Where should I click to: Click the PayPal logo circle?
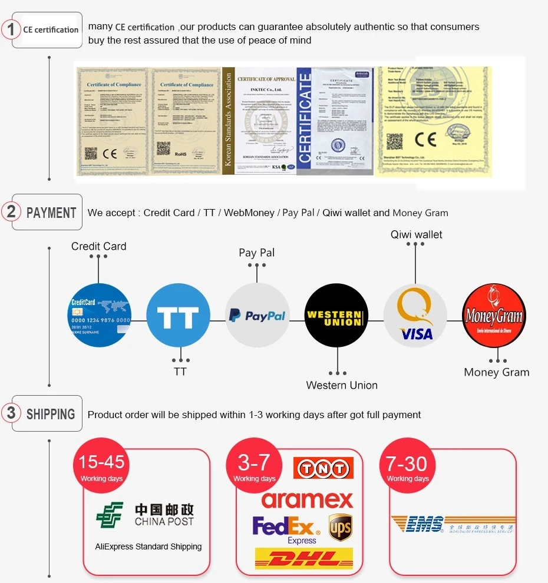258,315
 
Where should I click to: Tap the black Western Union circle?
336,315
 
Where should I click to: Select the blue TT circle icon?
178,315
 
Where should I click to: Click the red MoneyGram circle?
493,315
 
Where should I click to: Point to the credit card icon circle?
99,315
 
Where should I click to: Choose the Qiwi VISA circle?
415,315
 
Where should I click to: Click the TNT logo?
323,468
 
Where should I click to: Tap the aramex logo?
307,499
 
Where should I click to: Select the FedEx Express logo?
284,528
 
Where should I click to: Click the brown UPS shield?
340,526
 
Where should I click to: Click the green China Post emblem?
110,515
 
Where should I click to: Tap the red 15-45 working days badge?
101,467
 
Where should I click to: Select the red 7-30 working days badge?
407,467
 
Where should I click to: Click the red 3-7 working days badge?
255,467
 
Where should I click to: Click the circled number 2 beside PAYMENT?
11,211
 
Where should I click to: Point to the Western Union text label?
342,385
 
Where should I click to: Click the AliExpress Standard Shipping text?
148,546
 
